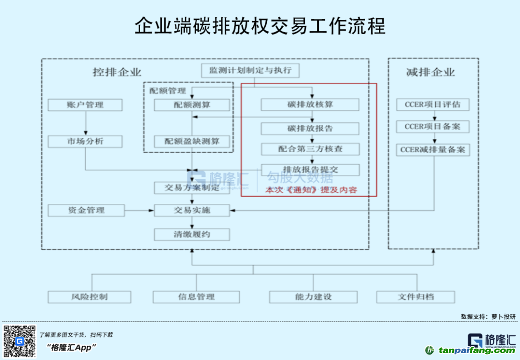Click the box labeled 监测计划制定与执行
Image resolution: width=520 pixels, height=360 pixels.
pos(250,70)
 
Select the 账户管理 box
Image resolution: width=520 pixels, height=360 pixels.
pos(85,105)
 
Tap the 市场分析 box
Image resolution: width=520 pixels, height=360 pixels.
pos(85,141)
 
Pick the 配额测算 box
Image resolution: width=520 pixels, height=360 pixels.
pos(192,105)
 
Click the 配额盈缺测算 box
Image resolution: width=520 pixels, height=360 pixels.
pos(192,141)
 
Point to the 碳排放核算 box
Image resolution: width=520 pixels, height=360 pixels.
pos(310,105)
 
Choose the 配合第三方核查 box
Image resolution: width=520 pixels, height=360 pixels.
pos(310,149)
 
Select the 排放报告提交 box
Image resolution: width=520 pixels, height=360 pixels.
pos(310,170)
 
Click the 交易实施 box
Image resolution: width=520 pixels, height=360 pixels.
pos(192,210)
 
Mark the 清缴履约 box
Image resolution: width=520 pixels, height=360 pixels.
pos(192,235)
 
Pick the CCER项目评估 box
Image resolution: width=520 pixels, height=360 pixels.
pos(432,105)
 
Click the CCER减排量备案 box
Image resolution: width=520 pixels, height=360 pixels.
pos(432,150)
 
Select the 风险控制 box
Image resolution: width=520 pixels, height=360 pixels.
pos(89,296)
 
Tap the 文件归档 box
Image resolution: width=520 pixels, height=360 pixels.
pos(416,296)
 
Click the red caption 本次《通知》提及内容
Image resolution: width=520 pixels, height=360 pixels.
pos(312,190)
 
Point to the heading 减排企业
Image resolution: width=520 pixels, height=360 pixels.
pos(430,73)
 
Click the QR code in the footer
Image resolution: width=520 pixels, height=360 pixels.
pos(19,341)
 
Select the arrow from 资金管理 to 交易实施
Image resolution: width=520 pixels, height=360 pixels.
pos(139,211)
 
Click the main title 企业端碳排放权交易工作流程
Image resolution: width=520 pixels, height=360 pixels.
pos(260,26)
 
